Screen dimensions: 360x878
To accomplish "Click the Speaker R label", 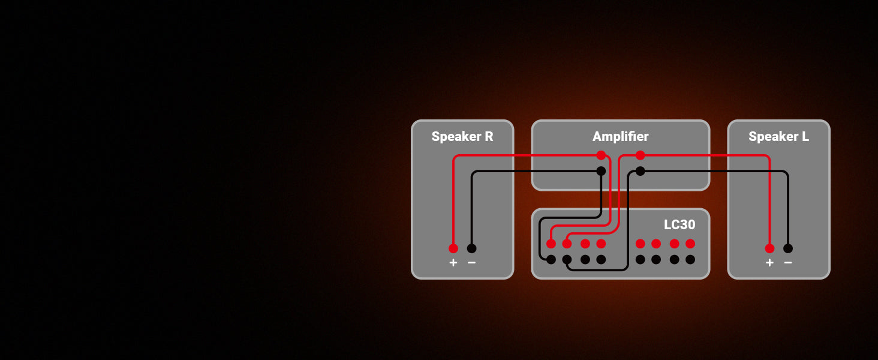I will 462,137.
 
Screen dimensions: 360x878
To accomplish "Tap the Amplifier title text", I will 620,137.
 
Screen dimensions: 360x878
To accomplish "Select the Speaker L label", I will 778,137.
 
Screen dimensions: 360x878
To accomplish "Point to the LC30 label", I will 679,225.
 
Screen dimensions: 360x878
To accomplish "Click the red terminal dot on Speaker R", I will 453,248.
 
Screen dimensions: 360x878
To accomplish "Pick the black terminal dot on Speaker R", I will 471,248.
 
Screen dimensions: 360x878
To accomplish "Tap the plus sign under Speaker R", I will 453,263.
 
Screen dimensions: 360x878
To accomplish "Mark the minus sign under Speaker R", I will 471,263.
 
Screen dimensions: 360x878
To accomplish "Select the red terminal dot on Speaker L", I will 769,248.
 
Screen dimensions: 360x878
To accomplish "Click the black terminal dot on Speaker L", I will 788,248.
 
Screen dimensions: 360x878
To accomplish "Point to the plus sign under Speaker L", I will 769,263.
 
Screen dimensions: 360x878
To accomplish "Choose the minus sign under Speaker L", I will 788,263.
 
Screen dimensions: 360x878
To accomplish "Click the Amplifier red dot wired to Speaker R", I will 601,155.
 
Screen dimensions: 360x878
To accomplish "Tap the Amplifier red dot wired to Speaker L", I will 640,155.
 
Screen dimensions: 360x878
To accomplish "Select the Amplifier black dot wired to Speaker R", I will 601,171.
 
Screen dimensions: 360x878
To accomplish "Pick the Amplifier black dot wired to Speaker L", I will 640,171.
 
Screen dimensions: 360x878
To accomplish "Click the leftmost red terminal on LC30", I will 551,244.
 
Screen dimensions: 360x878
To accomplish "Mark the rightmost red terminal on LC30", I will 690,244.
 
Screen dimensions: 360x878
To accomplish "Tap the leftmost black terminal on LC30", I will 551,260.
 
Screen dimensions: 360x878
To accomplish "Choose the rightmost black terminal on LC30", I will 690,260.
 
